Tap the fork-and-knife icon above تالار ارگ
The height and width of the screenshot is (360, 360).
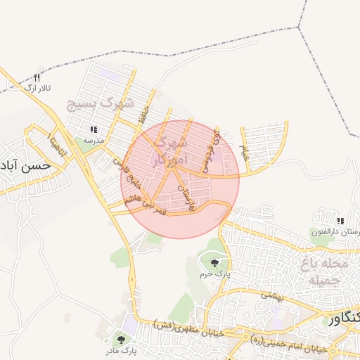[37, 77]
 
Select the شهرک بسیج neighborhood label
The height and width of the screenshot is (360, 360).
[100, 103]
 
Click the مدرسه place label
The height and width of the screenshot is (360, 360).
[94, 141]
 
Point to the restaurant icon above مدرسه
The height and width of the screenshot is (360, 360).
[94, 130]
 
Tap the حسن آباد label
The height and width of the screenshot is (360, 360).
[25, 167]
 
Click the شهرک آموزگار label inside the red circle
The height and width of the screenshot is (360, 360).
[169, 152]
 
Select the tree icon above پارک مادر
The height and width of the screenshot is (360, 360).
[127, 339]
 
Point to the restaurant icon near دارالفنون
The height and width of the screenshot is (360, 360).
[340, 221]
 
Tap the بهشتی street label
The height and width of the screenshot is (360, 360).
[269, 295]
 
